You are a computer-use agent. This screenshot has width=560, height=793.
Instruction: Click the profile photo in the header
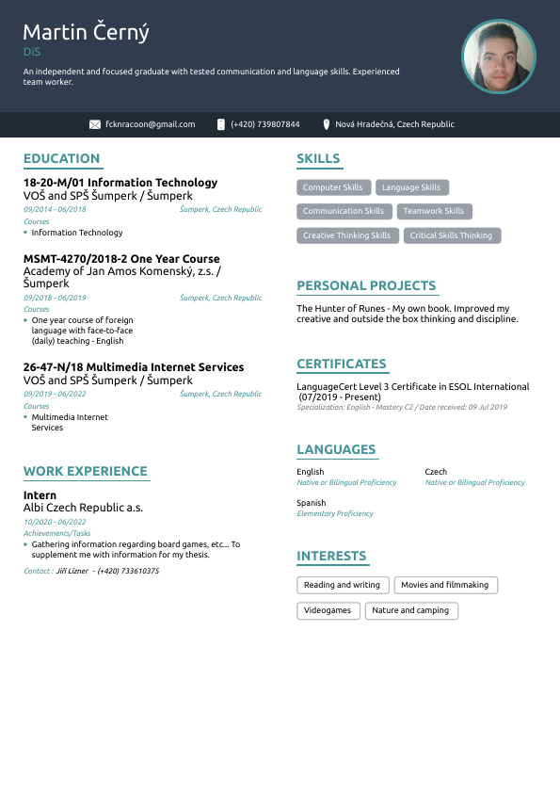(x=498, y=57)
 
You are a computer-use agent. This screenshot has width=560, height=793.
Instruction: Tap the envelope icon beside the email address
(x=95, y=124)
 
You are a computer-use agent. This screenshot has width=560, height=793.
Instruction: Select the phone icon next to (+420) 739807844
(x=221, y=124)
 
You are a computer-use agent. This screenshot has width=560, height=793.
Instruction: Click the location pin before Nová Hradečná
(x=326, y=124)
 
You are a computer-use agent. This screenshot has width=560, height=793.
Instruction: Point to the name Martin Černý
(x=86, y=33)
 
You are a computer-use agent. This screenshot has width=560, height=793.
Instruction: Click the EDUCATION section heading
(x=61, y=158)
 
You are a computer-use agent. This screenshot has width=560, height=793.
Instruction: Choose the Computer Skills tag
(x=333, y=187)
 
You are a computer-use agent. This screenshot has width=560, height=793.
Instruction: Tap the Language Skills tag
(x=411, y=187)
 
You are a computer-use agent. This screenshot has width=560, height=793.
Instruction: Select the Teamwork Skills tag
(x=434, y=211)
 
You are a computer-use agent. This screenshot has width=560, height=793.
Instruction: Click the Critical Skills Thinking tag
(x=451, y=235)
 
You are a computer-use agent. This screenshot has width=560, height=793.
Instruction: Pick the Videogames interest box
(x=328, y=610)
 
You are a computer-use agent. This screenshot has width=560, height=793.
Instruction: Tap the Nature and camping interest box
(x=410, y=610)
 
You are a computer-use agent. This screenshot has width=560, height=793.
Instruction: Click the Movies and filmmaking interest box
(x=445, y=585)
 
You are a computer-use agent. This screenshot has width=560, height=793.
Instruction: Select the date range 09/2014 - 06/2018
(x=55, y=209)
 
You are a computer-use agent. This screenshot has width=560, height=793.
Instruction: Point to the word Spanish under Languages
(x=312, y=503)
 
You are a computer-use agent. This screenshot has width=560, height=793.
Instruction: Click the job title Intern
(x=40, y=494)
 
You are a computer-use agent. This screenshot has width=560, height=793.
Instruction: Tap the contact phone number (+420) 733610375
(x=127, y=571)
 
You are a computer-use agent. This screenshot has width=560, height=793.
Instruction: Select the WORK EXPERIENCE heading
(x=85, y=471)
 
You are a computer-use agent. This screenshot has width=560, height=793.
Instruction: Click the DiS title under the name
(x=32, y=53)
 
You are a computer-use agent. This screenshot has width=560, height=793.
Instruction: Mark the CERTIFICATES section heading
(x=341, y=364)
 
